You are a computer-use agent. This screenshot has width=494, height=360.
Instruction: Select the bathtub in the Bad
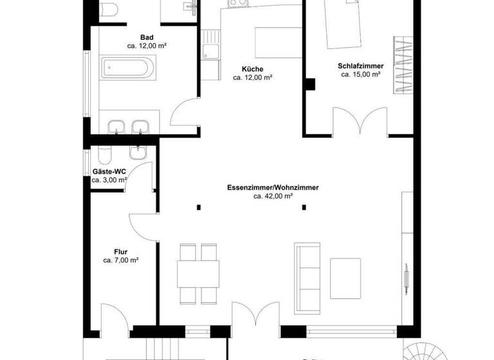[127, 67]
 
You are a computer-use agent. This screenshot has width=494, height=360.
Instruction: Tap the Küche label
[252, 69]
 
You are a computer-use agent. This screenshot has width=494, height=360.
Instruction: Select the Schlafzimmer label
[361, 66]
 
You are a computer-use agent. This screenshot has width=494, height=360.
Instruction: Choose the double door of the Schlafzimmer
[360, 122]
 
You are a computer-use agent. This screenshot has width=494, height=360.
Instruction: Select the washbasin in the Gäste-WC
[138, 152]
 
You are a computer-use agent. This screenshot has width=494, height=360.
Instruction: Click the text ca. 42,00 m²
[273, 197]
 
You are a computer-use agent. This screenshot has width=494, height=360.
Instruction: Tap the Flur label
[121, 252]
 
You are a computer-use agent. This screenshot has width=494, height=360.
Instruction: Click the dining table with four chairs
[198, 273]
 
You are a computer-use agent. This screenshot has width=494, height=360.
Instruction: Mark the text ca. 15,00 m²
[361, 75]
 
